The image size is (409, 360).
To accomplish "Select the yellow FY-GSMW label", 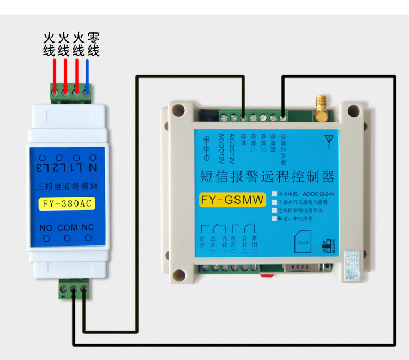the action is click(x=232, y=200).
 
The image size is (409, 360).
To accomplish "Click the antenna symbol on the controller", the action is click(x=328, y=143).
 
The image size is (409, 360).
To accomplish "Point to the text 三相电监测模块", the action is click(x=67, y=186).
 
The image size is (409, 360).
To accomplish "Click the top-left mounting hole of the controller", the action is click(x=177, y=110).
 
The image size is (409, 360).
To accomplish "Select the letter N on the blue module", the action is click(x=92, y=166).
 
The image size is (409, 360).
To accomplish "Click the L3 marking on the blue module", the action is click(x=43, y=166).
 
